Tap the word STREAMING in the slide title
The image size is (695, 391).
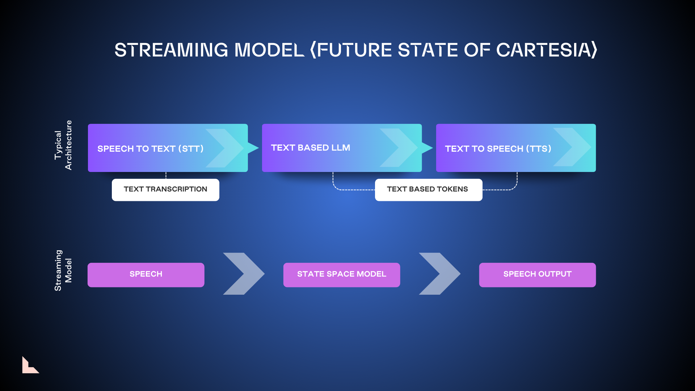171,50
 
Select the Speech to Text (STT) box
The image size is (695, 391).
168,148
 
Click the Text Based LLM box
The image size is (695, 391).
342,148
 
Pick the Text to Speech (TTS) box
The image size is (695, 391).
516,148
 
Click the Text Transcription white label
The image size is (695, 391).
165,190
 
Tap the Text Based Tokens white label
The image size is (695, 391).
429,190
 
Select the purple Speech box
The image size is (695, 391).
146,275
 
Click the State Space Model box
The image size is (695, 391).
342,275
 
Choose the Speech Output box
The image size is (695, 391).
538,275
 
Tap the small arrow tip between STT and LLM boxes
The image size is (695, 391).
253,148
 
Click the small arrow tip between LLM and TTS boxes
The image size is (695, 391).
427,148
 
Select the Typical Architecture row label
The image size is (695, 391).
63,145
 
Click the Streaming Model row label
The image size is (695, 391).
63,270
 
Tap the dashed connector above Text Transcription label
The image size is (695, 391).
166,175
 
